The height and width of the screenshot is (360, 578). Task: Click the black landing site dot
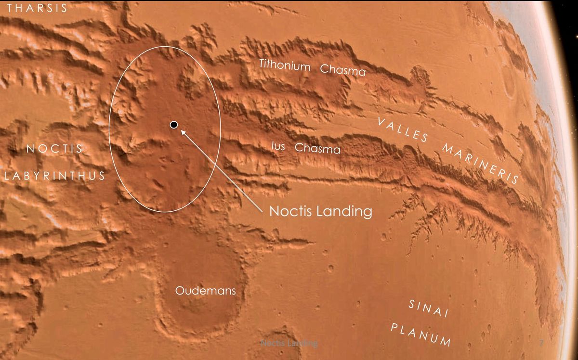pos(174,125)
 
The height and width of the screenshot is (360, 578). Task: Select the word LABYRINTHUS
pos(54,176)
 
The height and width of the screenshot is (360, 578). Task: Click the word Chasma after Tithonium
pos(343,70)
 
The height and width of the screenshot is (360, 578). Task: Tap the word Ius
pos(278,145)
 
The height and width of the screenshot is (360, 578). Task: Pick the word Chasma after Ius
pos(317,149)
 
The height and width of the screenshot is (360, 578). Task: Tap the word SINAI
pos(429,309)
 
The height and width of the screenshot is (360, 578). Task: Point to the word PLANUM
pos(420,335)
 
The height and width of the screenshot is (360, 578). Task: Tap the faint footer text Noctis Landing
pos(289,343)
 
